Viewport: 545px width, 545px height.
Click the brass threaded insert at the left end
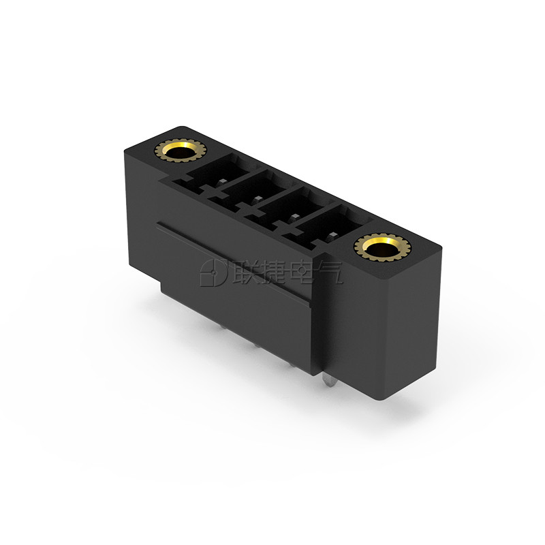tap(180, 151)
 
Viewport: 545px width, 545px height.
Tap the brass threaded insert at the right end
tap(382, 247)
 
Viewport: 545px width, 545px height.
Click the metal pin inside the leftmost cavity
tap(222, 181)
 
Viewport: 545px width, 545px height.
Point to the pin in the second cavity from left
tap(258, 199)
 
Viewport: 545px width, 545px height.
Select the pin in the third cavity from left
tap(294, 217)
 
